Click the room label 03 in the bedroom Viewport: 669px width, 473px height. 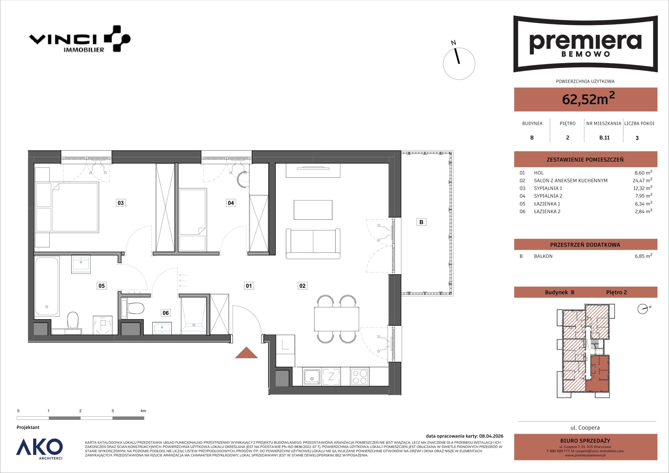pos(121,203)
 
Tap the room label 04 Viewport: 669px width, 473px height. pos(231,203)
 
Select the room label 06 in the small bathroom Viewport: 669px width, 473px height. pos(165,313)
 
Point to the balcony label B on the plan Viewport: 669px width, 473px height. pos(421,222)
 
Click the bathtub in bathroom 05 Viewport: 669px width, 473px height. pos(47,286)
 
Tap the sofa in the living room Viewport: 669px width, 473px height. pos(313,244)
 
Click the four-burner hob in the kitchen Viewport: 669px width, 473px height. pos(360,377)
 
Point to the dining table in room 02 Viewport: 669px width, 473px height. pos(336,319)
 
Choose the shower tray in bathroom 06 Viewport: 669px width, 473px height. pos(194,316)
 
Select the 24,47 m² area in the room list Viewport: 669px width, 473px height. pos(642,180)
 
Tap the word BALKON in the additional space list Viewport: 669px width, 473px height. pos(543,256)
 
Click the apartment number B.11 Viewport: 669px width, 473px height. pos(604,137)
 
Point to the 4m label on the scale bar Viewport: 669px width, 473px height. pos(143,411)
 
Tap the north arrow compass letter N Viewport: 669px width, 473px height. pos(453,43)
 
